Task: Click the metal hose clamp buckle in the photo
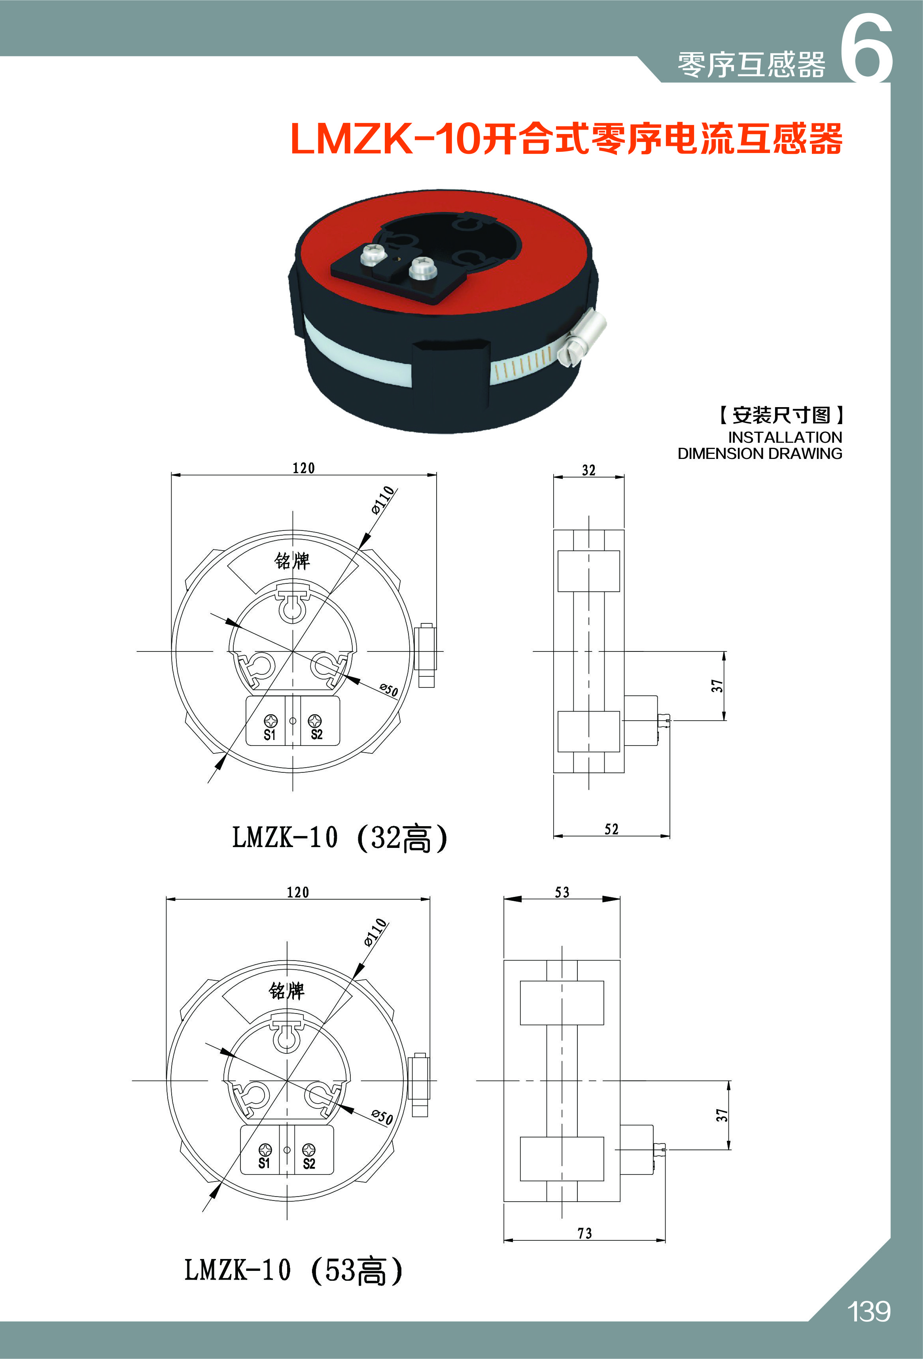[583, 338]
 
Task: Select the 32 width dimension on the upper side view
[588, 470]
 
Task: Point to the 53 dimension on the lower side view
[562, 892]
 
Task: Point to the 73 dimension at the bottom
[584, 1233]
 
